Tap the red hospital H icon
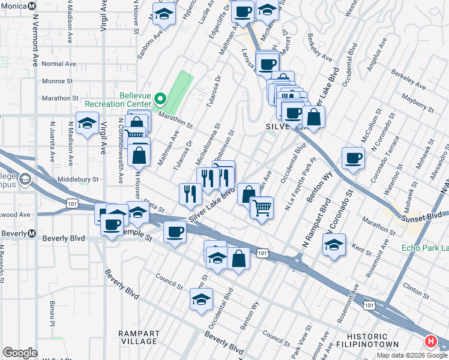tap(430, 342)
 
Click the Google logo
tap(20, 353)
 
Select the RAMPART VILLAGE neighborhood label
tap(139, 337)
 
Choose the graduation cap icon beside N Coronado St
tap(334, 244)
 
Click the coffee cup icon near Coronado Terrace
tap(353, 158)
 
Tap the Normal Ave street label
tap(59, 64)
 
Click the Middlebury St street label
tap(78, 179)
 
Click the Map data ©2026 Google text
tap(412, 355)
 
